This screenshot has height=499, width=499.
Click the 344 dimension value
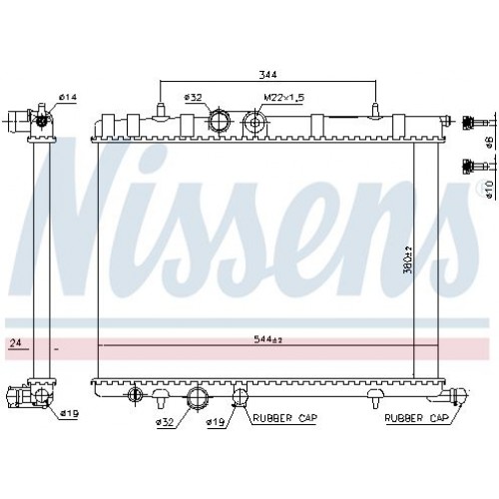267,75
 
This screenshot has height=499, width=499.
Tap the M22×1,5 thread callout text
284,98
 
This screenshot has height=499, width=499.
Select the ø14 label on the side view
68,97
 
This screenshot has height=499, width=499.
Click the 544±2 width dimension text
268,339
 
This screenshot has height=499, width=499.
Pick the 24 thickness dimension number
15,342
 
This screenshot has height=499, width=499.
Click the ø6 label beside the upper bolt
489,144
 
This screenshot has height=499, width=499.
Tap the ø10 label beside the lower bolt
489,191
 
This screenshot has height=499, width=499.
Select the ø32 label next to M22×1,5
194,98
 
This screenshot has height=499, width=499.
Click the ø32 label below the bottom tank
165,422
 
